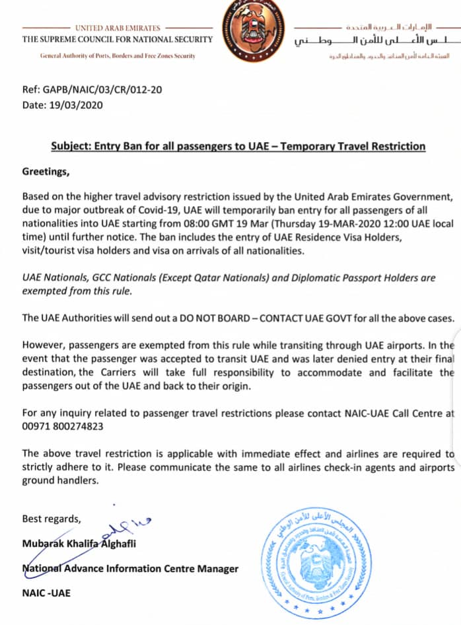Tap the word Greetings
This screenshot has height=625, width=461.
[x=46, y=170]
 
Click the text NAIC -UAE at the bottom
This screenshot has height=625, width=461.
[x=46, y=593]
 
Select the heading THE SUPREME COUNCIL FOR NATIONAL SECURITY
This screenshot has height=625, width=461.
[x=118, y=40]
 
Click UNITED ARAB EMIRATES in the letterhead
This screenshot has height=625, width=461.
[x=118, y=28]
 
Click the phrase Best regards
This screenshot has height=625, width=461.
[x=52, y=518]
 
